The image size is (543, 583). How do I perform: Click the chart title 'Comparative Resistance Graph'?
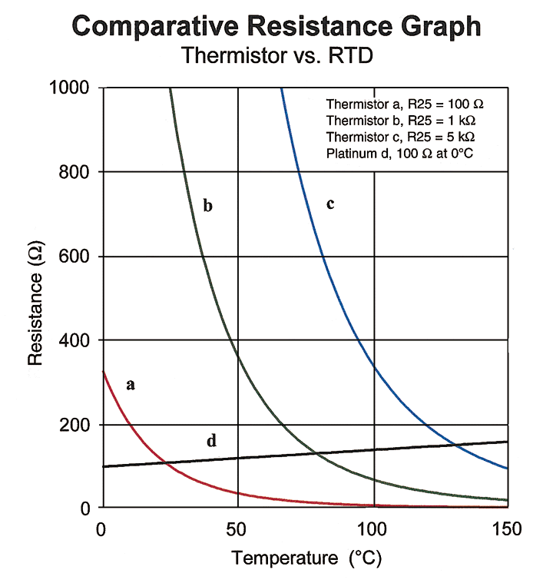click(276, 27)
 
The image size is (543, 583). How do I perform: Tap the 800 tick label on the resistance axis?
click(75, 172)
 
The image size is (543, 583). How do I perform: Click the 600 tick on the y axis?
click(75, 257)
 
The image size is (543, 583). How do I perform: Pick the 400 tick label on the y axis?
click(75, 340)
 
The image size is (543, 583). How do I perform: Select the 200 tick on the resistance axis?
click(75, 425)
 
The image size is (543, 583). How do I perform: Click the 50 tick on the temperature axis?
click(238, 529)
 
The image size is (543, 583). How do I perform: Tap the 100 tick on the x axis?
click(373, 529)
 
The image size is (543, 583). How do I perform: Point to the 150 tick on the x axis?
click(507, 529)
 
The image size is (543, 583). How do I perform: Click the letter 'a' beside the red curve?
click(131, 384)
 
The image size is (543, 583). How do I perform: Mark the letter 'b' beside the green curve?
click(207, 206)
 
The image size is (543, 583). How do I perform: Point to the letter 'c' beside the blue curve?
click(330, 204)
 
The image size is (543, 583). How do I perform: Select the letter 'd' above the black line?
click(211, 441)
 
